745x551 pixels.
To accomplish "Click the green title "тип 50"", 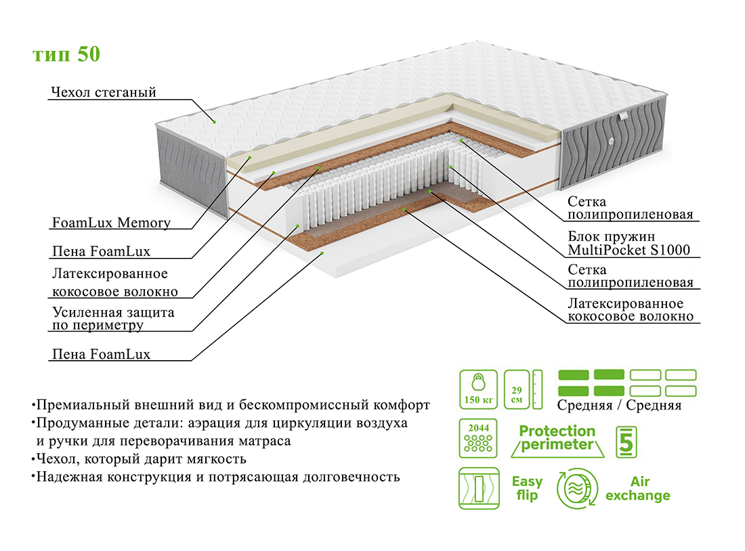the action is coord(66,54).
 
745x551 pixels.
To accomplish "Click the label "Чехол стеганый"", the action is coord(104,92).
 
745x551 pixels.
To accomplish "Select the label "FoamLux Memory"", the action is coord(111,222).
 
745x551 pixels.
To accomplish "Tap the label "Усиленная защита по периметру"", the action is coord(113,319).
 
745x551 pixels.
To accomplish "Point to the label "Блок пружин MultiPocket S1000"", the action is coord(629,243).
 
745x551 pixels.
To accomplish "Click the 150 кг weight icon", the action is coord(478,389).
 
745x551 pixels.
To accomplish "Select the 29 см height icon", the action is coord(523,389).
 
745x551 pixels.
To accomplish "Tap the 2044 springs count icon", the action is coord(478,438).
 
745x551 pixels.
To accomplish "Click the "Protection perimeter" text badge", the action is coord(557,438).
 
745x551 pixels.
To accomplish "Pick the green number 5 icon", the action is coord(626,442).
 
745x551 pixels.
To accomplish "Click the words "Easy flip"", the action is coord(527,488).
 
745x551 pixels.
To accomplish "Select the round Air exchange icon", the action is coord(577,488).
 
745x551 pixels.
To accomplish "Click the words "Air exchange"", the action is coord(638,488).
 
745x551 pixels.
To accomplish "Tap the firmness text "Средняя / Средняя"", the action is coord(619,405).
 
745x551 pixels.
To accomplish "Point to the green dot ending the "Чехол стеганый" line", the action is coord(214,122).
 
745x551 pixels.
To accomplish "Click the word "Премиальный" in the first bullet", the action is coord(83,405).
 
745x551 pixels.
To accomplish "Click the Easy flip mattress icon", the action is coord(479,488).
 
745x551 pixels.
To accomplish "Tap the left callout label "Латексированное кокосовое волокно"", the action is coord(115,283).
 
